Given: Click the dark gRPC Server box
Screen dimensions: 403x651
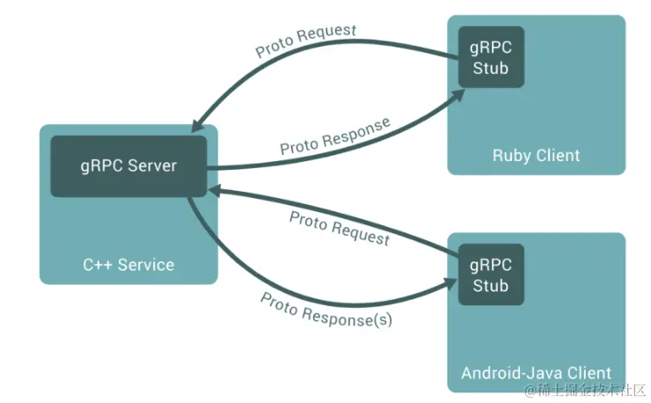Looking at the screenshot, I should tap(128, 166).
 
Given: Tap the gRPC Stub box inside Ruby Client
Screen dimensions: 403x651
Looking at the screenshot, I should tap(490, 56).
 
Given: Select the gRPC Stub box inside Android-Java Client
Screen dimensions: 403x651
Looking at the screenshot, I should tap(490, 275).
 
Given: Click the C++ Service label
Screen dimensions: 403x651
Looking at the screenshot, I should tap(128, 264).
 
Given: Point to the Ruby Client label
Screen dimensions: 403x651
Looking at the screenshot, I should tap(536, 156).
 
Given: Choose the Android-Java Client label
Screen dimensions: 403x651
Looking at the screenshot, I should tap(536, 373).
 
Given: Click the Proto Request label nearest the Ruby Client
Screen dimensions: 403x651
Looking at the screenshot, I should tap(306, 40).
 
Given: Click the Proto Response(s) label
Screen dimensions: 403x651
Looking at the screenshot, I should tap(326, 309).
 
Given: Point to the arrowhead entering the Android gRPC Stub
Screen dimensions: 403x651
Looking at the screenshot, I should tap(450, 282).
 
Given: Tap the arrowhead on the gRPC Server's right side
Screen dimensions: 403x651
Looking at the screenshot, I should tap(215, 188).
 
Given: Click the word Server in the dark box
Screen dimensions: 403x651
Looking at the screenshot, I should tap(152, 166).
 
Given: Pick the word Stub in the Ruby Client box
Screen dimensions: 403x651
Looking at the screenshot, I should tap(490, 68).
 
